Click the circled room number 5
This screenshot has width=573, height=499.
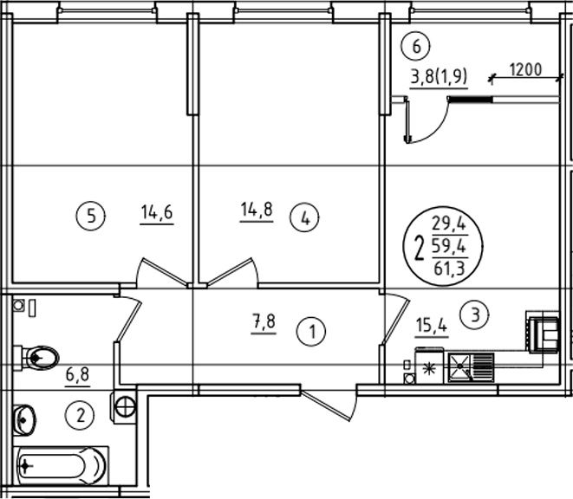[x=91, y=217]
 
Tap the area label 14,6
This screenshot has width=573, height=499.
[x=157, y=212]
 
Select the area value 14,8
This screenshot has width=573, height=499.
[x=257, y=210]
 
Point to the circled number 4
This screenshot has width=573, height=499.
[x=304, y=218]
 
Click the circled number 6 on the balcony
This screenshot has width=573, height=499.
[x=416, y=47]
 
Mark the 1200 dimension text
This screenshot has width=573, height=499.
[x=525, y=70]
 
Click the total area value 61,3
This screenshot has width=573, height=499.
[x=449, y=269]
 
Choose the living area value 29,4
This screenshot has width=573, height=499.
[x=450, y=224]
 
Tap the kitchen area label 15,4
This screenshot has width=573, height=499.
[x=431, y=325]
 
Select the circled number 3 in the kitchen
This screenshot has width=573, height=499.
[x=474, y=314]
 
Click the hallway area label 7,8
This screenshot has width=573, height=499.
[x=264, y=322]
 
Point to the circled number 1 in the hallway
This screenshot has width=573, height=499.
[x=311, y=332]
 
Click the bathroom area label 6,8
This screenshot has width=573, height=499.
[x=78, y=375]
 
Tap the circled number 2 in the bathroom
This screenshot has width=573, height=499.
[x=80, y=415]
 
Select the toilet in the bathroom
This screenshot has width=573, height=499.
[x=36, y=358]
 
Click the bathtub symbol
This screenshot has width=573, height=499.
[x=62, y=466]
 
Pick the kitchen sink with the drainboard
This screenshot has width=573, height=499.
[x=471, y=367]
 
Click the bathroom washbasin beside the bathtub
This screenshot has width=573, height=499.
[x=24, y=420]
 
